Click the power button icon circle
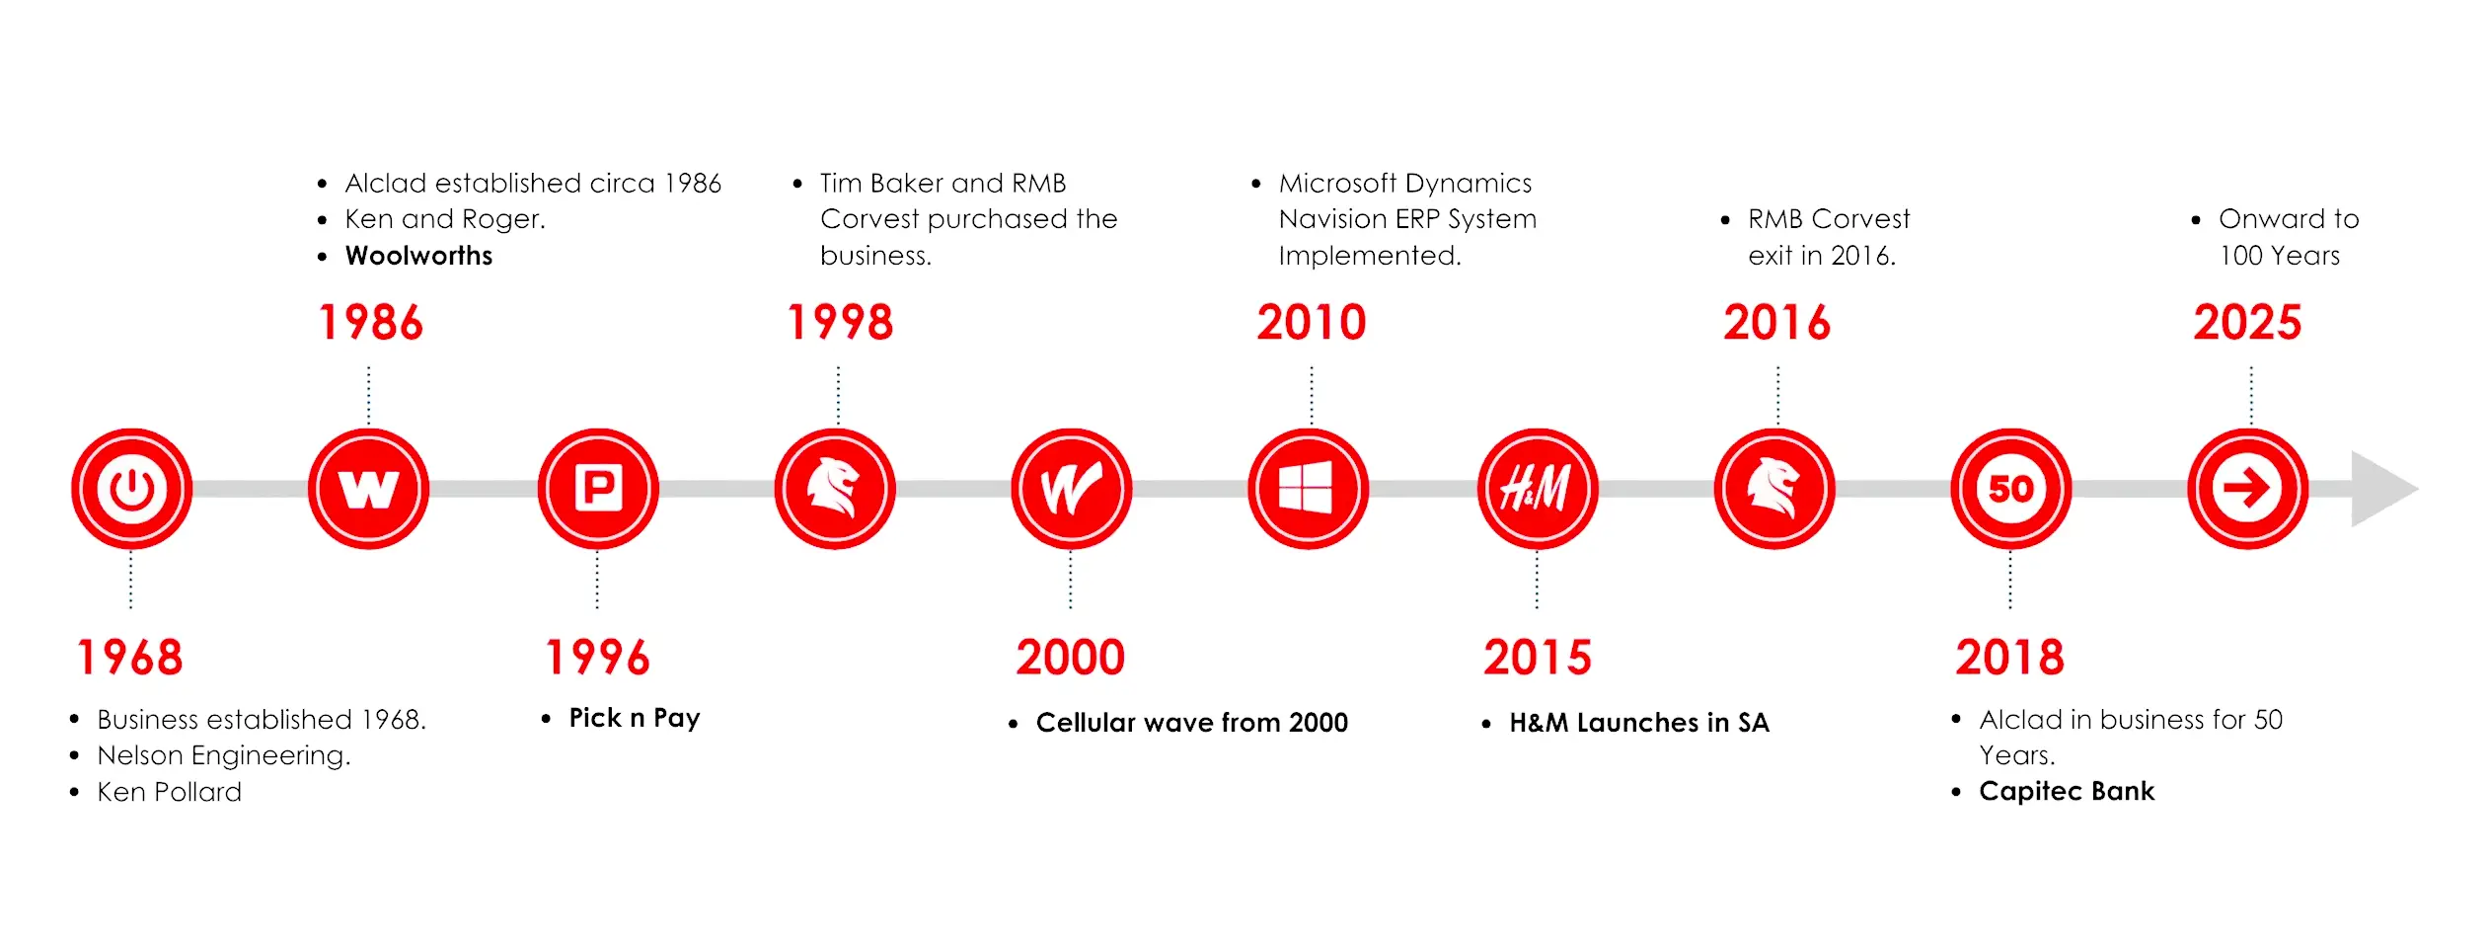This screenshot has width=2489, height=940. click(x=131, y=489)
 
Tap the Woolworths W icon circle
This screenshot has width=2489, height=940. click(x=368, y=489)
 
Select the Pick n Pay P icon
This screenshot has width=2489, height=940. click(x=598, y=489)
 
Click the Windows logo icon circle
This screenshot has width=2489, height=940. click(x=1308, y=489)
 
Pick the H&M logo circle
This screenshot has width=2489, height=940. click(x=1538, y=489)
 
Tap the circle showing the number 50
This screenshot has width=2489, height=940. click(x=2010, y=489)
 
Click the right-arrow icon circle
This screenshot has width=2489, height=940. click(x=2247, y=489)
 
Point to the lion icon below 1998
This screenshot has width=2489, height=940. click(x=835, y=489)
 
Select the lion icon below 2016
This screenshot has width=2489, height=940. click(x=1774, y=489)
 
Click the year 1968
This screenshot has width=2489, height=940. click(x=130, y=658)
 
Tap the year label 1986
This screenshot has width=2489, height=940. click(x=370, y=323)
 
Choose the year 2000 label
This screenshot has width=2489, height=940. click(x=1071, y=658)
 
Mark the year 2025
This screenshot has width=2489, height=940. click(x=2247, y=323)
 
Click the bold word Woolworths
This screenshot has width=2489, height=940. click(x=418, y=256)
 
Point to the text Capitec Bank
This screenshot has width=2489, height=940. click(x=2067, y=791)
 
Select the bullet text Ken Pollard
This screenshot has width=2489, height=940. click(x=169, y=792)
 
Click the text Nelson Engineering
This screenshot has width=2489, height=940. click(x=224, y=756)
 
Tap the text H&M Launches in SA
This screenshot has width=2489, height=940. click(x=1639, y=723)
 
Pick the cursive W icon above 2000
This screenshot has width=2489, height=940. click(x=1071, y=489)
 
